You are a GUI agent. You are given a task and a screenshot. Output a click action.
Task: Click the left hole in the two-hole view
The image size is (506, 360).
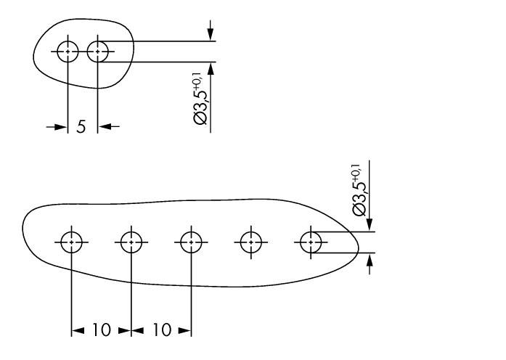pyautogui.click(x=68, y=52)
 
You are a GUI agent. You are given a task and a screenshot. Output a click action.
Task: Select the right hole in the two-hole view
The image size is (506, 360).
pyautogui.click(x=97, y=52)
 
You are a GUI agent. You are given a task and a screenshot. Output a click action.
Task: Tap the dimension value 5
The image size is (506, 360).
pyautogui.click(x=81, y=127)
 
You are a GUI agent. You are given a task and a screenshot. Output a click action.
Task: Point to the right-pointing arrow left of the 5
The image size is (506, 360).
pyautogui.click(x=57, y=127)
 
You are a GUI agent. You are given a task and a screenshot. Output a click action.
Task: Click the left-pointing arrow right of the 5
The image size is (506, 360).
pyautogui.click(x=108, y=127)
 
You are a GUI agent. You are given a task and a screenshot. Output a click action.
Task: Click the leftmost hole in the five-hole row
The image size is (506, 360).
pyautogui.click(x=71, y=242)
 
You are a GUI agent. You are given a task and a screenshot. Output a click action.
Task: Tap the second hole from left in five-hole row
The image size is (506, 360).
pyautogui.click(x=131, y=242)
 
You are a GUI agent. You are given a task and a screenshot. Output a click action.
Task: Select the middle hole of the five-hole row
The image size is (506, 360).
pyautogui.click(x=191, y=242)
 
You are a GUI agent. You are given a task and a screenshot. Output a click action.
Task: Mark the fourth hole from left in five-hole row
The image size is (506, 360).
pyautogui.click(x=251, y=242)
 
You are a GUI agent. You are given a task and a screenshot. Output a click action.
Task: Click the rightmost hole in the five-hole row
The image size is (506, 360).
pyautogui.click(x=311, y=242)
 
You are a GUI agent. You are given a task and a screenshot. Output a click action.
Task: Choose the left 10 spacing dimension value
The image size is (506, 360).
pyautogui.click(x=101, y=331)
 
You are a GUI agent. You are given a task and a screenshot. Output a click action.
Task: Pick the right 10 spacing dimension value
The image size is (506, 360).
pyautogui.click(x=161, y=331)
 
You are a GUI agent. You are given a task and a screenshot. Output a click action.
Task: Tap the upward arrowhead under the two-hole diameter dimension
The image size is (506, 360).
pyautogui.click(x=211, y=70)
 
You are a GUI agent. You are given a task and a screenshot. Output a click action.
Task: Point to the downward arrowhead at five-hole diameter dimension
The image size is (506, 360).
pyautogui.click(x=370, y=224)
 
